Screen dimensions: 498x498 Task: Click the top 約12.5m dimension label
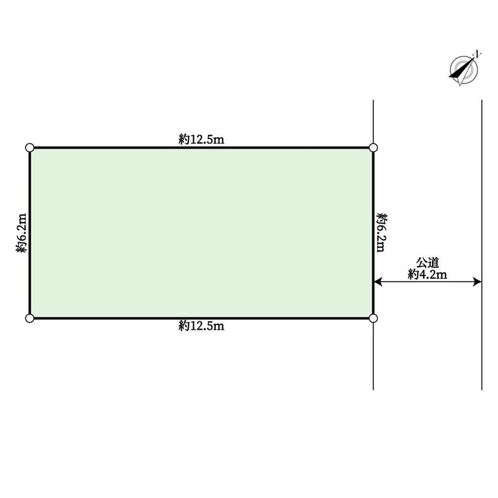click(201, 139)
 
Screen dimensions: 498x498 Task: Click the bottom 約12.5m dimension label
click(201, 325)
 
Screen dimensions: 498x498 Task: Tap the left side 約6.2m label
click(21, 233)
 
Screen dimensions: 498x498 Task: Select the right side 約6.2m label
click(382, 233)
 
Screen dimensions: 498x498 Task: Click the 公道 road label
click(428, 263)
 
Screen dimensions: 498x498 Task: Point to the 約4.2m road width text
click(428, 274)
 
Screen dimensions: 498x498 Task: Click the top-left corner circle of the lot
click(30, 148)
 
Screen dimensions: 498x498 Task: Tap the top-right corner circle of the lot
click(373, 148)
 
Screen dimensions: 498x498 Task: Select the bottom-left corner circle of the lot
click(30, 318)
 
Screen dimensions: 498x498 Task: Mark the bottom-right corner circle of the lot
click(373, 318)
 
